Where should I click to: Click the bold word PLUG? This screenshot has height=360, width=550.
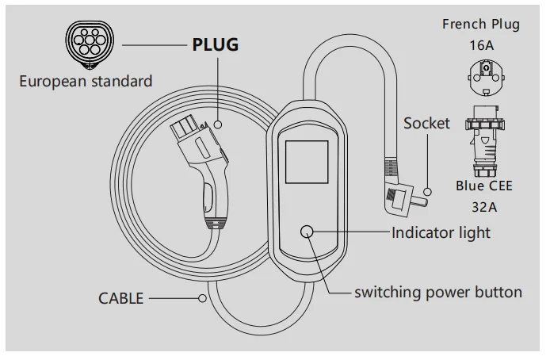tap(215, 44)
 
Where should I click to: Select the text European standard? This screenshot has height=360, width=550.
tap(86, 81)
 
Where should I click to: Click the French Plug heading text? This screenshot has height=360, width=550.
tap(480, 24)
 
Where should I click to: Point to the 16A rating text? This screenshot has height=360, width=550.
tap(480, 45)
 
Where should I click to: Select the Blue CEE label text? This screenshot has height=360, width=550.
tap(483, 187)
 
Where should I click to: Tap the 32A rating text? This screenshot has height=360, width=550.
tap(483, 208)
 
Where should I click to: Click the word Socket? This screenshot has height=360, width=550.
tap(426, 123)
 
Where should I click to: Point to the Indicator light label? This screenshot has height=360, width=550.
tap(441, 232)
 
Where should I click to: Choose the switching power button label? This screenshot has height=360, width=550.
tap(437, 292)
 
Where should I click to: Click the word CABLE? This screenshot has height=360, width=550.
tap(121, 299)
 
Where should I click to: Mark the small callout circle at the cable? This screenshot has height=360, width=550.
tap(204, 299)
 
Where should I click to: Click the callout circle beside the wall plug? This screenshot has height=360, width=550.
tap(428, 192)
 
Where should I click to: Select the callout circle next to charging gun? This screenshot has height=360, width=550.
tap(216, 124)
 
